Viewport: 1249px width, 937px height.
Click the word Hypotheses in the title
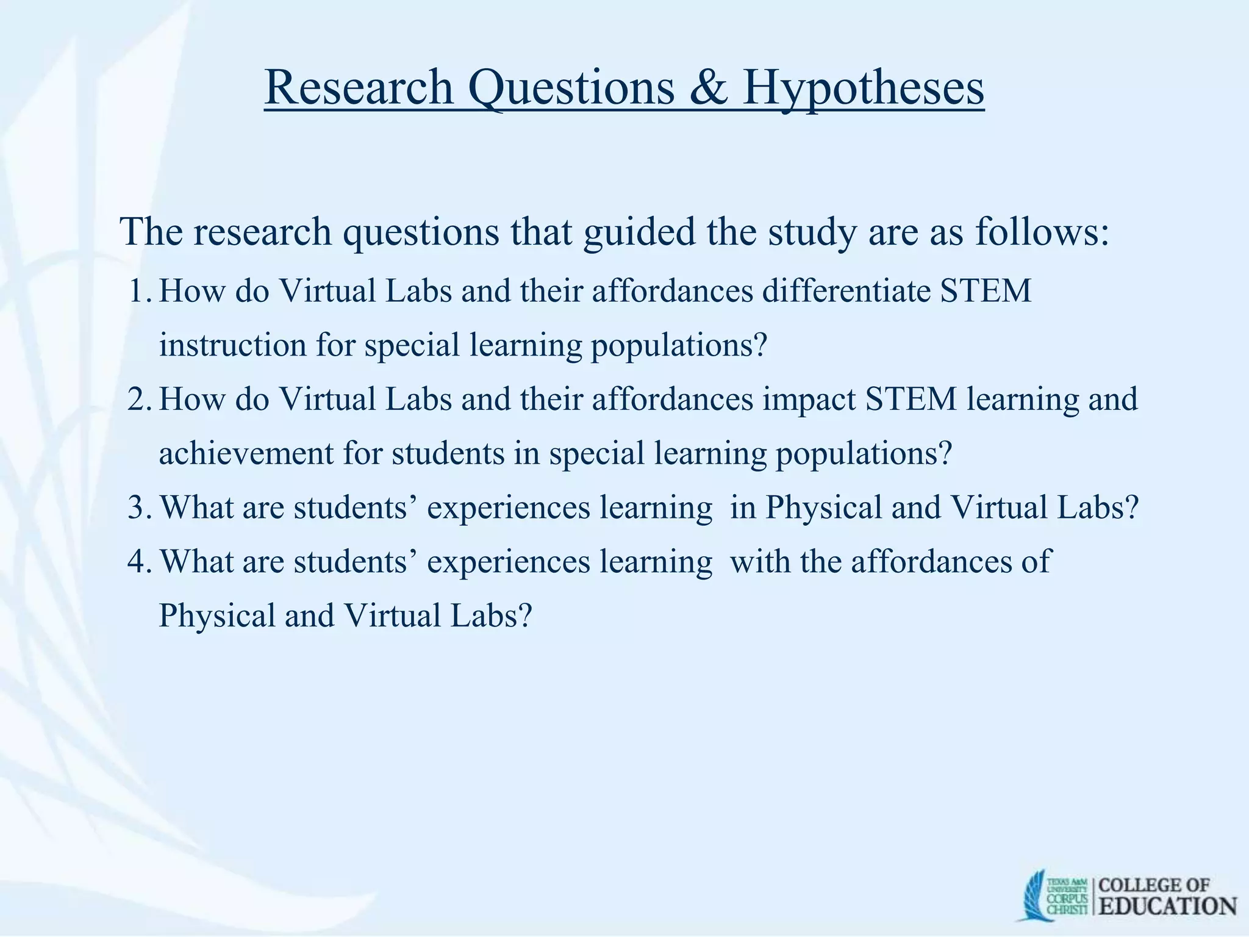point(863,88)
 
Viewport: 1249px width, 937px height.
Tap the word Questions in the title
point(571,88)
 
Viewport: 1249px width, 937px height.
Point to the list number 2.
point(139,400)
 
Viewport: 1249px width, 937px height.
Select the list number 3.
point(139,508)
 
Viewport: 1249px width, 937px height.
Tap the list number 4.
point(139,561)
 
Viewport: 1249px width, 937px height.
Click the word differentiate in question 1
point(846,291)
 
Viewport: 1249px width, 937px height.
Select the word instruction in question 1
point(232,345)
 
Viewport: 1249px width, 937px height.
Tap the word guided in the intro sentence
point(639,232)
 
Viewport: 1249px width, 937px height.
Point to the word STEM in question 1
point(985,291)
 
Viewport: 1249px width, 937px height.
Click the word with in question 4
point(761,561)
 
